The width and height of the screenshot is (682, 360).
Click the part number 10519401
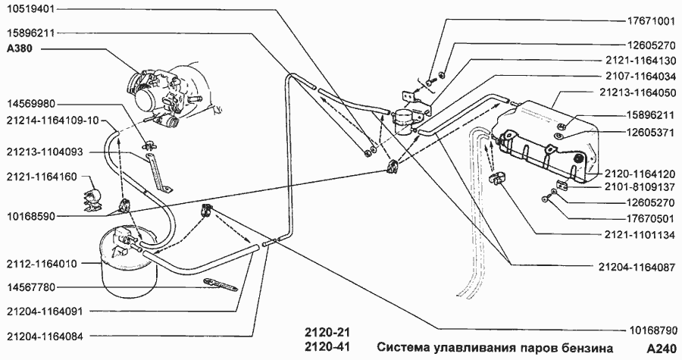click(31, 11)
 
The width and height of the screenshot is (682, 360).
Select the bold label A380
click(20, 48)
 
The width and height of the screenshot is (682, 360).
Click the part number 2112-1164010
click(42, 264)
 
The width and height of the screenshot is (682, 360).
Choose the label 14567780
click(31, 287)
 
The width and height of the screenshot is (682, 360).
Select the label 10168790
click(649, 331)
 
